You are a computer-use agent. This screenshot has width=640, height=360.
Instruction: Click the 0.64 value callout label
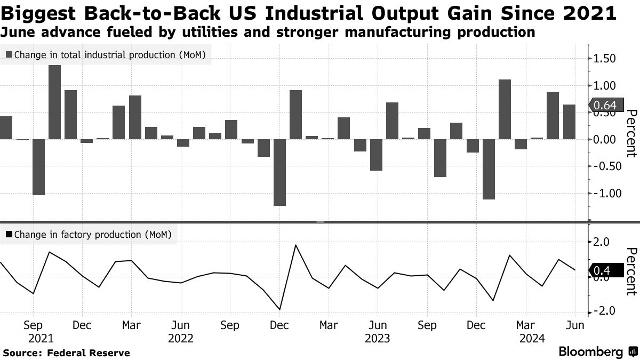click(604, 105)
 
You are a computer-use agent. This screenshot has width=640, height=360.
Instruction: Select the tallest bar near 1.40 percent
click(54, 102)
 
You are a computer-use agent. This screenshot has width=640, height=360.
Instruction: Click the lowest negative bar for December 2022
click(279, 172)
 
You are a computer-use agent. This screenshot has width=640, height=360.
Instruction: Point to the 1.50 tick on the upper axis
click(604, 59)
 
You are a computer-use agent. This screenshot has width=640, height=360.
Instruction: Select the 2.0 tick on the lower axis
click(604, 242)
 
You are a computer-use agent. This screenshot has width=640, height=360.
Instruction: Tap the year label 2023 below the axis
click(378, 338)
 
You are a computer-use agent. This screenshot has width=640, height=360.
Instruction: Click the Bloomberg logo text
click(590, 352)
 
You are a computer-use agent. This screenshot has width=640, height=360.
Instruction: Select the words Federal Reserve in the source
click(89, 353)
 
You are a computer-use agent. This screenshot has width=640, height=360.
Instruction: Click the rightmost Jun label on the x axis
click(575, 325)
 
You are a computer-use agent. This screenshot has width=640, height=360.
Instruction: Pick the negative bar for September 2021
click(38, 167)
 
